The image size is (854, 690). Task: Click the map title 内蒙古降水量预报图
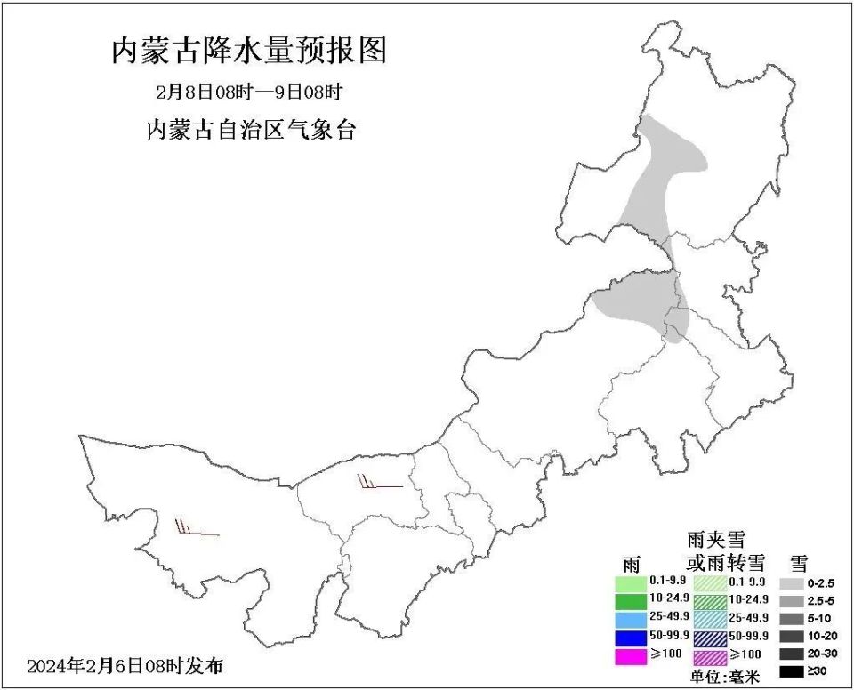[x=249, y=51]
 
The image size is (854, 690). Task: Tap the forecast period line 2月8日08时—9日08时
[x=249, y=92]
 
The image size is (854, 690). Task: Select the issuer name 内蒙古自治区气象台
[x=251, y=130]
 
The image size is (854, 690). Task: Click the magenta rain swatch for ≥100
[x=636, y=656]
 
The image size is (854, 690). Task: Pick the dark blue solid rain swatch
[x=636, y=638]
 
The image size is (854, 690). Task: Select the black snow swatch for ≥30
[x=794, y=672]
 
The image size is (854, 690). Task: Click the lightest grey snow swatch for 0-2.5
[x=794, y=584]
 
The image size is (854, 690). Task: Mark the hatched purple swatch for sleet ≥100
[x=710, y=656]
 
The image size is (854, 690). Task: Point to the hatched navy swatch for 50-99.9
[x=710, y=638]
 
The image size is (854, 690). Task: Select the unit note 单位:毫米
[x=725, y=678]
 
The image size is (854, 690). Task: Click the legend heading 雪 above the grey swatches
[x=798, y=563]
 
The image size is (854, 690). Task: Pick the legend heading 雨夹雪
[x=716, y=540]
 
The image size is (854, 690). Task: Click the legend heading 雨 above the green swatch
[x=632, y=564]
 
